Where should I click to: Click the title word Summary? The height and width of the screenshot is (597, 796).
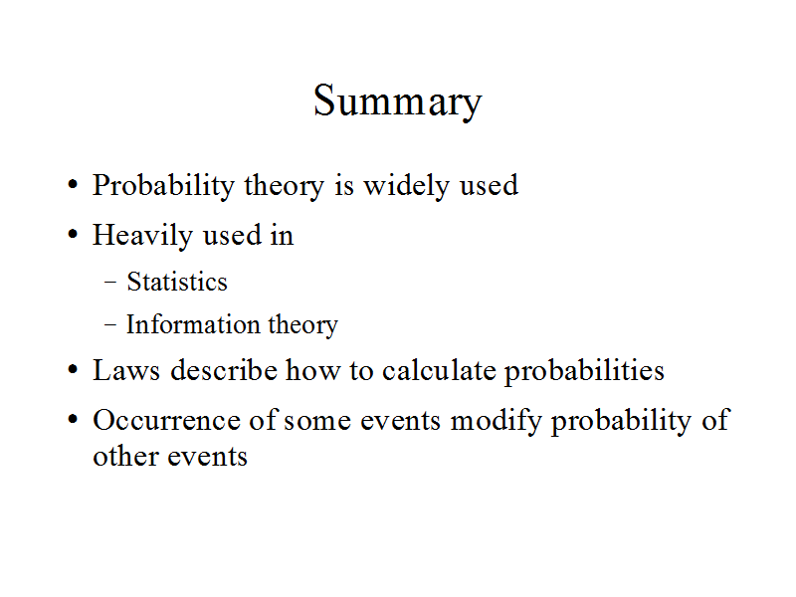(397, 101)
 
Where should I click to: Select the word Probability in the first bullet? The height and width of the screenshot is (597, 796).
(163, 186)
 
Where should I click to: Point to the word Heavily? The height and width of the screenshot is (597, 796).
(142, 236)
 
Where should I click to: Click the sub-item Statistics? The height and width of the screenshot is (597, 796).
(177, 282)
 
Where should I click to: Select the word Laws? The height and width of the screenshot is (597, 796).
(126, 370)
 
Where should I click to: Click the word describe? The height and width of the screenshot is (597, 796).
(224, 370)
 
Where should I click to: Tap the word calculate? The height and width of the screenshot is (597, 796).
(439, 370)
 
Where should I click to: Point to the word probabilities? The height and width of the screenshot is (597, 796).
(584, 371)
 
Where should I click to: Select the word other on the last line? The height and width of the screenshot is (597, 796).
(125, 456)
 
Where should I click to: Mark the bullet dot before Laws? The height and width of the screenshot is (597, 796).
(73, 370)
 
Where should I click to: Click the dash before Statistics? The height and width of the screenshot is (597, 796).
(110, 283)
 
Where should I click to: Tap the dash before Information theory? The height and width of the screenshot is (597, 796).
(110, 325)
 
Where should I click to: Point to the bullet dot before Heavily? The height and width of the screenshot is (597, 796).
(73, 235)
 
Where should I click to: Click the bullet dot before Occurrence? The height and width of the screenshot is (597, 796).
(73, 420)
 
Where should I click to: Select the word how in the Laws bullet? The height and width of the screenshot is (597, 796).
(312, 370)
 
